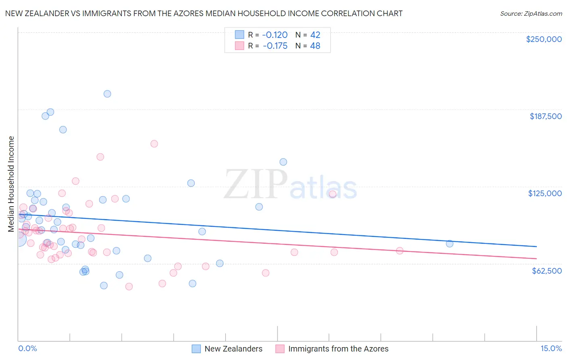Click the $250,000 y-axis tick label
tap(544, 39)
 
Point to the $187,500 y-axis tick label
tap(545, 116)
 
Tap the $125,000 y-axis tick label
tap(545, 193)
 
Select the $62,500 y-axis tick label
tap(546, 271)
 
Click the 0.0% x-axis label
tap(27, 349)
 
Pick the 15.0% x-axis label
tap(551, 349)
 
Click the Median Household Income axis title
tap(11, 184)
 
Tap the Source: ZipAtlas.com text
tap(531, 14)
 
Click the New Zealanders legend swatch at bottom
tap(196, 349)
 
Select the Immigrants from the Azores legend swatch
tap(280, 349)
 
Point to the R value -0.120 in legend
tap(275, 35)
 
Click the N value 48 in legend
tap(315, 46)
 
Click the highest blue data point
tap(107, 94)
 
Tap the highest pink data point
tap(154, 144)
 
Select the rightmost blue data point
tap(450, 244)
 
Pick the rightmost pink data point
tap(400, 251)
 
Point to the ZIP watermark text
tap(255, 184)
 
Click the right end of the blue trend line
tap(536, 247)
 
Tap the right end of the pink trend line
tap(536, 258)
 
